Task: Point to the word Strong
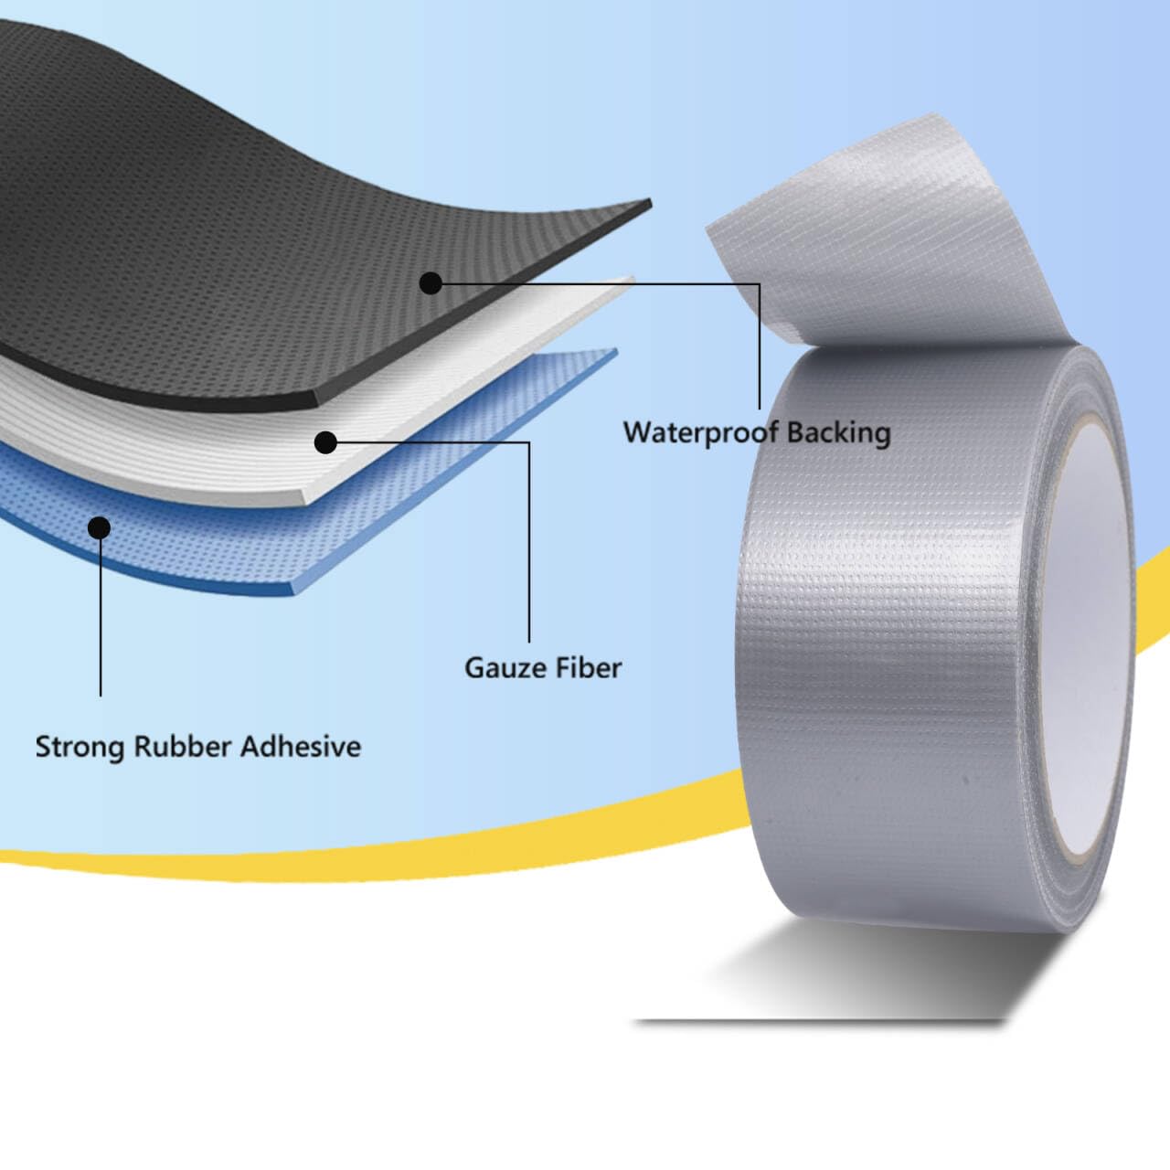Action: (x=80, y=747)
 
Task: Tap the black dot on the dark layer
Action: (x=431, y=283)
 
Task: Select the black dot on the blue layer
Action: (x=99, y=527)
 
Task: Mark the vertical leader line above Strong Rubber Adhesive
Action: (x=101, y=622)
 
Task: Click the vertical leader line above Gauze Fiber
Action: (x=529, y=548)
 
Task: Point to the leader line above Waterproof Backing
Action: (x=759, y=347)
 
